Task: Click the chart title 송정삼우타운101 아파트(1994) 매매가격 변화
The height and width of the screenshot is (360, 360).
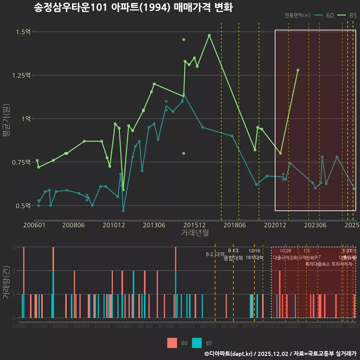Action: tap(133, 8)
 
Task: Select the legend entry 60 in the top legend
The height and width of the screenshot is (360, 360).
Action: tap(325, 15)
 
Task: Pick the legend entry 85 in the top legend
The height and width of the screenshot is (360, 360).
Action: tap(347, 15)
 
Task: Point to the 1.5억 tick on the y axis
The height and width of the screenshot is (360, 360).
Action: tap(23, 32)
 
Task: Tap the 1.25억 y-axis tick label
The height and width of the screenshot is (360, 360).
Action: tap(21, 75)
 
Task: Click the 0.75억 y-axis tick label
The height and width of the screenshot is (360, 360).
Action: tap(21, 162)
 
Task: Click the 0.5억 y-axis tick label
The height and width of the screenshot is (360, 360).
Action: tap(23, 206)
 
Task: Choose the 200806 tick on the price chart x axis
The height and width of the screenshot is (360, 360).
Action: tap(73, 225)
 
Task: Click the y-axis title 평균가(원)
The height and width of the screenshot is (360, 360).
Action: tap(6, 127)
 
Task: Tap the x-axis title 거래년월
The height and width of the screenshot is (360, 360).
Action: tap(195, 233)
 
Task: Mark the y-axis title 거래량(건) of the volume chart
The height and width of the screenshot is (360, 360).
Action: tap(6, 282)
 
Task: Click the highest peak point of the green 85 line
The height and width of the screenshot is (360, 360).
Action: tap(209, 35)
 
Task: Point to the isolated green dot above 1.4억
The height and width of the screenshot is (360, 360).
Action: tap(183, 39)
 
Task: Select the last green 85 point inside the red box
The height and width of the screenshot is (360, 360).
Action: tap(298, 70)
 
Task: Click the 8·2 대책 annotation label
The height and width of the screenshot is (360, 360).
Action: tap(215, 254)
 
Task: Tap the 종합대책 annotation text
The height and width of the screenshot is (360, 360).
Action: tap(233, 258)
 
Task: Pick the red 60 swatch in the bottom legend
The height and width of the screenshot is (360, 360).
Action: tap(172, 343)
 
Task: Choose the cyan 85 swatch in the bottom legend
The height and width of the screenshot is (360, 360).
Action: tap(197, 343)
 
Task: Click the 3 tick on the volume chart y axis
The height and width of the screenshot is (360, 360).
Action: tap(13, 247)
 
